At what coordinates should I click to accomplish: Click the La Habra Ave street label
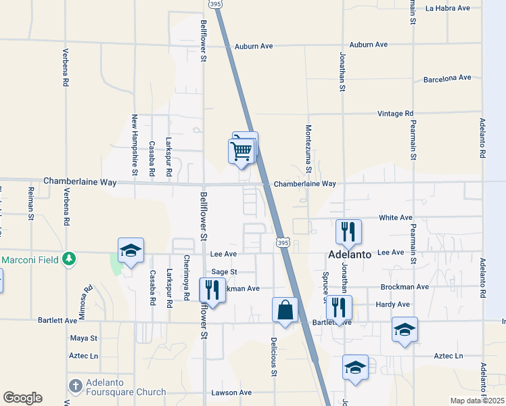pyautogui.click(x=447, y=8)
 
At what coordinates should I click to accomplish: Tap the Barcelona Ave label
pyautogui.click(x=446, y=78)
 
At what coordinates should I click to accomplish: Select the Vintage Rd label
pyautogui.click(x=395, y=114)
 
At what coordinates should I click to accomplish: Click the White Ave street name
pyautogui.click(x=396, y=217)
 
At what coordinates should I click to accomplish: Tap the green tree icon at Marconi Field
pyautogui.click(x=68, y=258)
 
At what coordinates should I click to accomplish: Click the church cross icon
pyautogui.click(x=75, y=386)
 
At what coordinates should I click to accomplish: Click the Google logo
pyautogui.click(x=22, y=398)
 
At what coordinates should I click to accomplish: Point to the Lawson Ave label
pyautogui.click(x=231, y=392)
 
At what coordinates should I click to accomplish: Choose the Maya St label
pyautogui.click(x=84, y=338)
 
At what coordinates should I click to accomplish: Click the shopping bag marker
pyautogui.click(x=285, y=310)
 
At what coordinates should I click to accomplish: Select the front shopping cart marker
pyautogui.click(x=241, y=151)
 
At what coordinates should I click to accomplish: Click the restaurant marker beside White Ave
pyautogui.click(x=348, y=231)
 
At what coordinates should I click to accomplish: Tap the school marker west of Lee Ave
pyautogui.click(x=130, y=251)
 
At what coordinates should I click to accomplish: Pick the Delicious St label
pyautogui.click(x=274, y=357)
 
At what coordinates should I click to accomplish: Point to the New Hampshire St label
pyautogui.click(x=135, y=145)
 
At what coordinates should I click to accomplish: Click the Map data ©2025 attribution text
pyautogui.click(x=477, y=401)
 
